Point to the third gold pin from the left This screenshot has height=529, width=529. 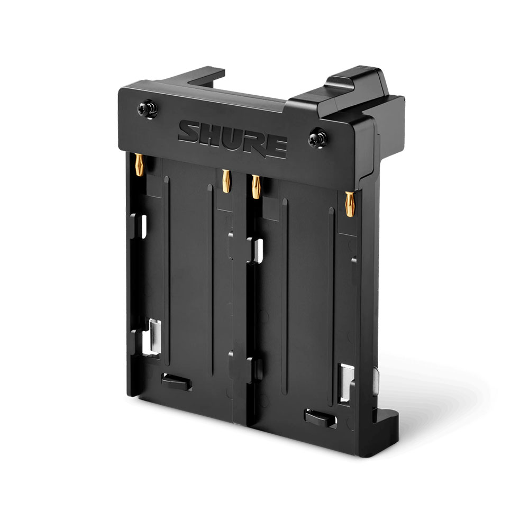(x=256, y=187)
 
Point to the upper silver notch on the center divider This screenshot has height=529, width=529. (x=255, y=249)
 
